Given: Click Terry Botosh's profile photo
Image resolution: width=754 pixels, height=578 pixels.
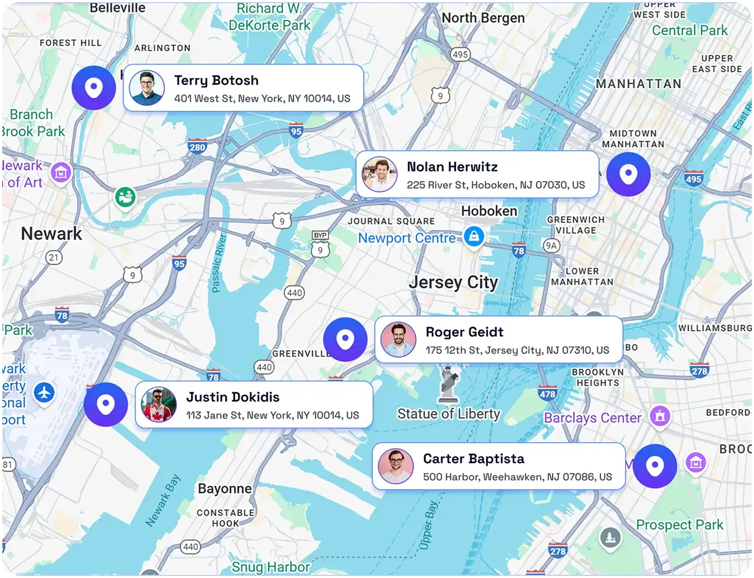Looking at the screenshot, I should [147, 88].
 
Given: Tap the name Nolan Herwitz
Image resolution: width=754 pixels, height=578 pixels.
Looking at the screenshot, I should [452, 167].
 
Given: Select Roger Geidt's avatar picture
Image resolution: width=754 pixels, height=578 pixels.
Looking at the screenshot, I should [398, 340].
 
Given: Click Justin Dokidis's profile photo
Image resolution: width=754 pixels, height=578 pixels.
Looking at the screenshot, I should [159, 404].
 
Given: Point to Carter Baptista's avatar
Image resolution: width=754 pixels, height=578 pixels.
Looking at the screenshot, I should [396, 466].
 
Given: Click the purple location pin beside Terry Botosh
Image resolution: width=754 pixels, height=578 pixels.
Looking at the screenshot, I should [94, 87].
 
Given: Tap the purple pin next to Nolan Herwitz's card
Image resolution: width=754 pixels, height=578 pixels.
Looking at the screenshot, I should [628, 174].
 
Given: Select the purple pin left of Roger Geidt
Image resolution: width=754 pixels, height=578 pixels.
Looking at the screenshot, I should [345, 339].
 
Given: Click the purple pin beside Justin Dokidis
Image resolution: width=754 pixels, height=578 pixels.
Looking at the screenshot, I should [105, 404].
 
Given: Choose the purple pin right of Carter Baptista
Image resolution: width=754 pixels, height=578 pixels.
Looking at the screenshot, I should [655, 466].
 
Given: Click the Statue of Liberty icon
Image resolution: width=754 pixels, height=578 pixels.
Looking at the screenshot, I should [449, 383].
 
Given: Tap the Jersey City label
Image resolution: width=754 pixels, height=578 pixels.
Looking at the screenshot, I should [453, 282].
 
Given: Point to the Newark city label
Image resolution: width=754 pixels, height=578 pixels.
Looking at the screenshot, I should [51, 234].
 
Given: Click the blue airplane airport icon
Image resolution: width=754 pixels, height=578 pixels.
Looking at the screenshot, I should [44, 393].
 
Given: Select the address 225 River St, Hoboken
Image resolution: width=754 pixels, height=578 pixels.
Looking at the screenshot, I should [496, 185].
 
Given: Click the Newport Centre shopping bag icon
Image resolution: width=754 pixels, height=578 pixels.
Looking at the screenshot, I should [473, 236].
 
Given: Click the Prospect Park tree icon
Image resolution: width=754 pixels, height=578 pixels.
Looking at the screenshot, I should [610, 536].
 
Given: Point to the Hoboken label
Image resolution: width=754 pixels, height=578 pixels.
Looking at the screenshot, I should [489, 211].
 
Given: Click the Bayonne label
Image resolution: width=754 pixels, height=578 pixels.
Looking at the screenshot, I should [224, 489].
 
